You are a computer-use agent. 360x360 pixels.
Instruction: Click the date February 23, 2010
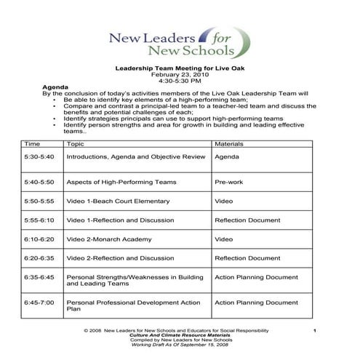click(180, 74)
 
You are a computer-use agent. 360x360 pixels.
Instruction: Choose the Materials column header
click(229, 145)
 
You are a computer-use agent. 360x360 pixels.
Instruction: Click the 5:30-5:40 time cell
click(39, 156)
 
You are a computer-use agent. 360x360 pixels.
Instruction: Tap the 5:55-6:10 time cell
click(39, 220)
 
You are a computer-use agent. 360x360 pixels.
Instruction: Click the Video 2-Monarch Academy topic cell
click(109, 239)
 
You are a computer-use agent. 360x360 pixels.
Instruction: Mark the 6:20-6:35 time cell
click(39, 258)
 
